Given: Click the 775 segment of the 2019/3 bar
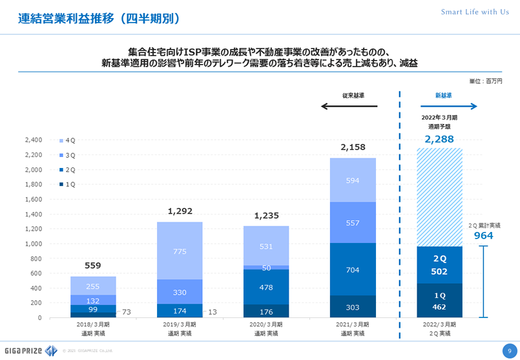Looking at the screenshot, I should pyautogui.click(x=180, y=250).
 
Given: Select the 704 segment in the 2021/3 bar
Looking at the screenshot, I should pyautogui.click(x=352, y=270).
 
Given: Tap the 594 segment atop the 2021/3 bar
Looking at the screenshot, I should pyautogui.click(x=352, y=180).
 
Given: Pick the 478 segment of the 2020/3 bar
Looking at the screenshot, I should pyautogui.click(x=266, y=287).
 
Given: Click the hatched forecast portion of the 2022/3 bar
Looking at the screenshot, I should pyautogui.click(x=439, y=197).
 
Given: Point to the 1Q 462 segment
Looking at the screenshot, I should pyautogui.click(x=439, y=301).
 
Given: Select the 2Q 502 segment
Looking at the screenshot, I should pyautogui.click(x=439, y=265).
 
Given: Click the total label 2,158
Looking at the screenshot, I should pyautogui.click(x=353, y=147).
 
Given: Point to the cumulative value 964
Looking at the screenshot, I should pyautogui.click(x=483, y=236).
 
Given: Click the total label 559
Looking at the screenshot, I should pyautogui.click(x=93, y=266).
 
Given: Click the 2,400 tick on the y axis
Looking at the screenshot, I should pyautogui.click(x=32, y=140).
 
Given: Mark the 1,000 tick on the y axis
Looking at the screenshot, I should pyautogui.click(x=32, y=244).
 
